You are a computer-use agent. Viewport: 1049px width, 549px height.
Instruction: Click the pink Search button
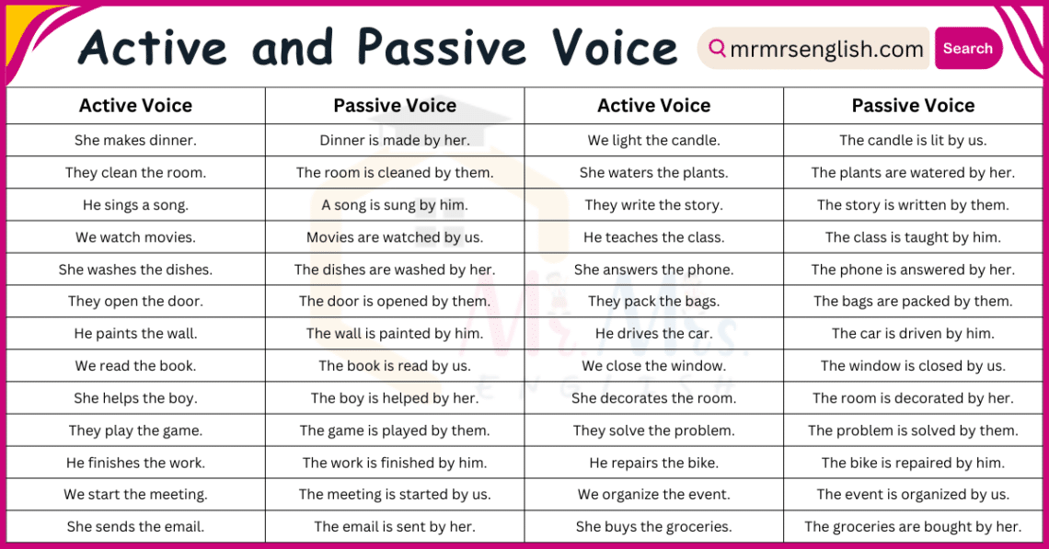[967, 49]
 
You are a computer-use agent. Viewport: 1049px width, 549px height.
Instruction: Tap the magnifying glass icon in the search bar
[717, 48]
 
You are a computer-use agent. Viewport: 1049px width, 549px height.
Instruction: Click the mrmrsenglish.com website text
[826, 50]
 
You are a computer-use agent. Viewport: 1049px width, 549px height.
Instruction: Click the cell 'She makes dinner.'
[135, 141]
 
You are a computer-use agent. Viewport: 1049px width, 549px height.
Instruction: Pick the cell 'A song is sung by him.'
[395, 205]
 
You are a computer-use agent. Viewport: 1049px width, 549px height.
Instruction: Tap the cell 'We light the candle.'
[653, 141]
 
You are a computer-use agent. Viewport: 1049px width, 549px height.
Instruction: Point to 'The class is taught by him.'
[913, 237]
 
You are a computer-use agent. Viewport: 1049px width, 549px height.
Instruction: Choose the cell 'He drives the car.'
[653, 334]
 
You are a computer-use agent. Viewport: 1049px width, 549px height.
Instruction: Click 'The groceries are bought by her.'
[913, 527]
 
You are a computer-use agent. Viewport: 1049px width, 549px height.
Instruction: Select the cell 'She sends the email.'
[135, 527]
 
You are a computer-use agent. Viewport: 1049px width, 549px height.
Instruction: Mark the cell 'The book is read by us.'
[395, 366]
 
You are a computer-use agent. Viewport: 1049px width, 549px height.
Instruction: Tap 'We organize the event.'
[653, 495]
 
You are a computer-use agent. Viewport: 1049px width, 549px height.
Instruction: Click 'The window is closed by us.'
[913, 366]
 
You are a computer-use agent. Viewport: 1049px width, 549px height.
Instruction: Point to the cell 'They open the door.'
[135, 302]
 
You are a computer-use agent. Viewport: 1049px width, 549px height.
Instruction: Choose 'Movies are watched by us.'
[395, 237]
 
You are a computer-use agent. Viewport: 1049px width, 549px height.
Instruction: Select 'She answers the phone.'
[653, 269]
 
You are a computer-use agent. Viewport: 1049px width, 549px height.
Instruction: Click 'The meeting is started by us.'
[395, 495]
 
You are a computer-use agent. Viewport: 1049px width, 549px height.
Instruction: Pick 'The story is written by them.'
[913, 205]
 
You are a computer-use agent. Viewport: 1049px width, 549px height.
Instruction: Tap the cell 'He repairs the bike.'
[653, 463]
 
